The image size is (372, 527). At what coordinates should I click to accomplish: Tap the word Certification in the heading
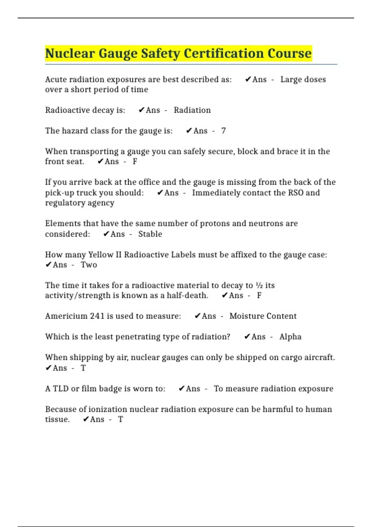click(x=224, y=53)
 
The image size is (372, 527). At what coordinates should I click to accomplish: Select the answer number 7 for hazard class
click(x=223, y=131)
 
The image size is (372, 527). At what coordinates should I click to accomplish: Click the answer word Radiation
click(x=192, y=110)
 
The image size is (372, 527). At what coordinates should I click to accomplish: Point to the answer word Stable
click(x=150, y=234)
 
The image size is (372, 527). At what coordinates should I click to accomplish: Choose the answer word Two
click(x=89, y=265)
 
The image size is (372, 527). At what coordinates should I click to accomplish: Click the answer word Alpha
click(x=290, y=337)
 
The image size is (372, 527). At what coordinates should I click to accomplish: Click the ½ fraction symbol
click(x=259, y=285)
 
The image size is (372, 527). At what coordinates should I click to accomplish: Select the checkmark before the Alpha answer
click(x=247, y=337)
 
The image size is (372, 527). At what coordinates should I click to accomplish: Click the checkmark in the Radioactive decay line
click(x=141, y=110)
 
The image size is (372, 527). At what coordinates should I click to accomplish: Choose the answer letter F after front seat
click(x=135, y=162)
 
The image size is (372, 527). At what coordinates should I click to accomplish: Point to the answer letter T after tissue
click(x=120, y=419)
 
